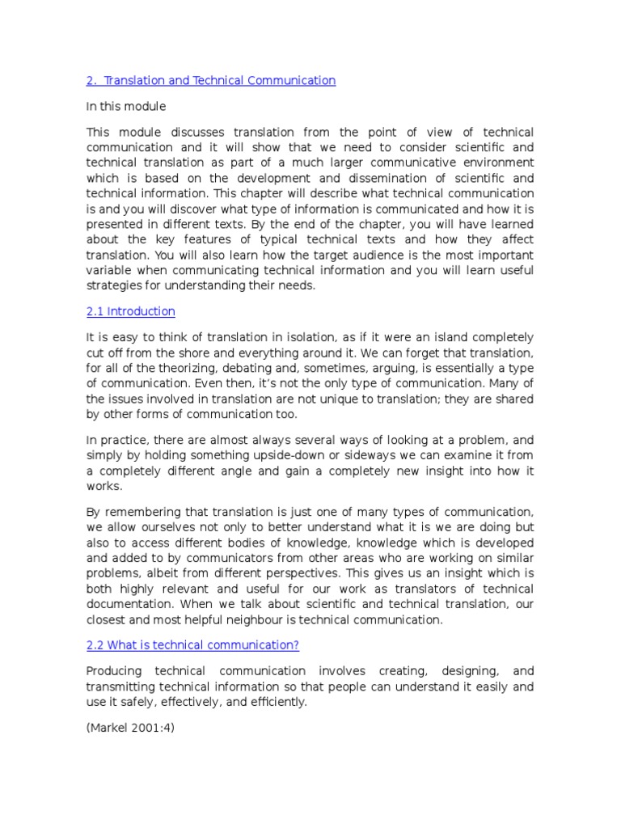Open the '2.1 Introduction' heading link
130,311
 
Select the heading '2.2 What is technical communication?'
192,644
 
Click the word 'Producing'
114,671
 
